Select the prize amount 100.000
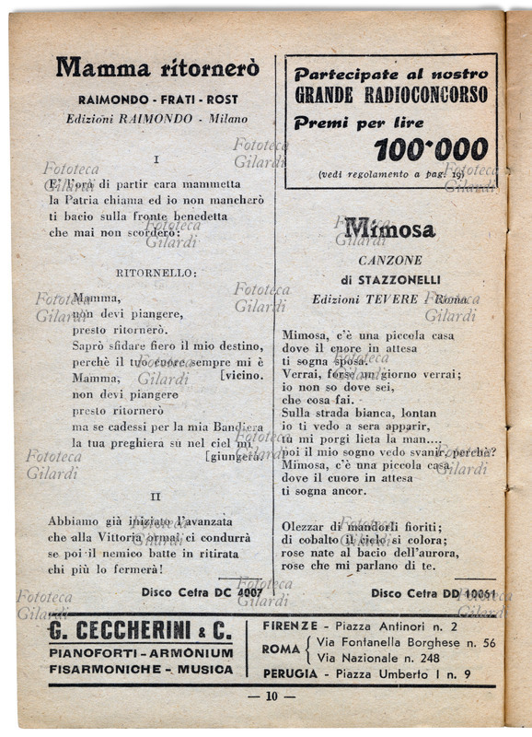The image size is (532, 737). point(431,149)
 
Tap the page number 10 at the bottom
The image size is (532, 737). point(271,696)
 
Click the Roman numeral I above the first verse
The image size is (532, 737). point(156,159)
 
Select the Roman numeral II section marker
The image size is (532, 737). point(156,496)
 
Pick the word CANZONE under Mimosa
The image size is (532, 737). point(388,261)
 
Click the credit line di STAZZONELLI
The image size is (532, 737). point(390,279)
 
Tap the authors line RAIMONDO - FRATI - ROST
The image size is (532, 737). point(157,99)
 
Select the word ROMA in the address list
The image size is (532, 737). point(281,649)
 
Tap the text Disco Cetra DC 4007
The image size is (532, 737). point(202,592)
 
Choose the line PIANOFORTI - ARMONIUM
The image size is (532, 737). point(142,653)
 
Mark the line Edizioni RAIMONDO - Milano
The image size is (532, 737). point(156,119)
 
